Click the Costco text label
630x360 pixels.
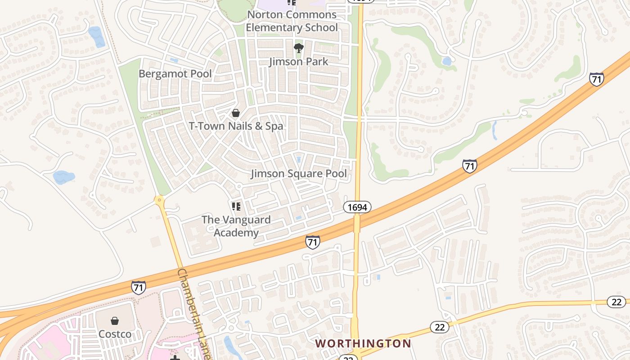click(x=115, y=334)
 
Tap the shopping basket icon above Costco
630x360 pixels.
click(x=115, y=321)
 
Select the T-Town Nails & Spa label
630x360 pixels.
click(x=236, y=126)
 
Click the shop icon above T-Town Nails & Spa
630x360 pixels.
click(x=235, y=113)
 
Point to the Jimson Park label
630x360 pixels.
click(x=299, y=62)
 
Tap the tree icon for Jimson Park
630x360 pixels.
click(x=298, y=48)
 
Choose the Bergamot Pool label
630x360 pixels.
click(x=175, y=73)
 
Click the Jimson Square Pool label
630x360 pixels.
click(x=299, y=173)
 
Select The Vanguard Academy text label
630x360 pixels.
click(x=236, y=226)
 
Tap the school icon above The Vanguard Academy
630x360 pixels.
click(x=236, y=207)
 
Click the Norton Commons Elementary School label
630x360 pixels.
click(x=292, y=21)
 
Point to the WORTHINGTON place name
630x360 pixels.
click(x=363, y=344)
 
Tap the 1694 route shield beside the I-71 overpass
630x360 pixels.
click(x=357, y=207)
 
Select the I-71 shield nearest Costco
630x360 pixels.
click(x=139, y=287)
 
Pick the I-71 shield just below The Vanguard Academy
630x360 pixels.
click(x=312, y=242)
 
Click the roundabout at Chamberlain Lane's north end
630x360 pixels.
click(x=159, y=199)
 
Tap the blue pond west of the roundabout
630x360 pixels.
click(x=63, y=177)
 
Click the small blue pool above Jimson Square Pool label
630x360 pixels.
click(x=298, y=159)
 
